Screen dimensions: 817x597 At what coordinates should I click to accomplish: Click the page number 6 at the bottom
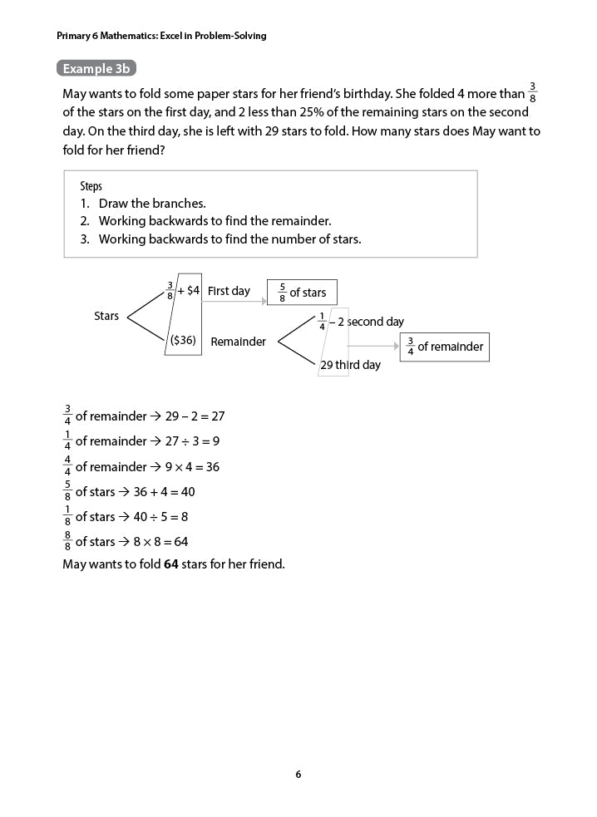(x=298, y=775)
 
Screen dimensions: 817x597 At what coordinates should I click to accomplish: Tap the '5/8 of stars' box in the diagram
(x=302, y=293)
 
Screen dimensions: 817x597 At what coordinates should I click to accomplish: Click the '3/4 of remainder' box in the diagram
(x=445, y=347)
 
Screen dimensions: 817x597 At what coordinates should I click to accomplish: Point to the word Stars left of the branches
(x=106, y=316)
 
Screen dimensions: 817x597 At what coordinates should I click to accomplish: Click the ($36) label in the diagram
(x=183, y=340)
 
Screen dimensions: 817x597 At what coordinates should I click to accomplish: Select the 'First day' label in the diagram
(x=229, y=291)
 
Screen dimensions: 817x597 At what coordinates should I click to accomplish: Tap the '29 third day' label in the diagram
(x=350, y=365)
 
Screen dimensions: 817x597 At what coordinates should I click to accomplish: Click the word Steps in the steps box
(x=91, y=186)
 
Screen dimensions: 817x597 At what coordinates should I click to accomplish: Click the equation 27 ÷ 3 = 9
(x=192, y=441)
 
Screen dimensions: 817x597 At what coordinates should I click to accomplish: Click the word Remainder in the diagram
(x=239, y=342)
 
